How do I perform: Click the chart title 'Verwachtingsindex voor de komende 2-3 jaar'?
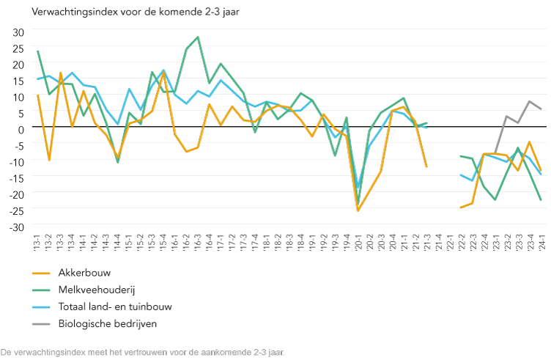[125, 12]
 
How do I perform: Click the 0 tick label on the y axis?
[22, 129]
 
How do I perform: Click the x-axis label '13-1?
[37, 242]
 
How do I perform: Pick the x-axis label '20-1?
[358, 242]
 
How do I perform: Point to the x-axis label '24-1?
[541, 242]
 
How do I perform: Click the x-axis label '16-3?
[198, 242]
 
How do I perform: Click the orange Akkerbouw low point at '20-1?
[358, 211]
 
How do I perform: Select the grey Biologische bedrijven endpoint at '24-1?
[541, 109]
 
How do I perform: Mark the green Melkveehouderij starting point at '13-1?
[37, 51]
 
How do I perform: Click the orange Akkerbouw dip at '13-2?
[49, 161]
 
